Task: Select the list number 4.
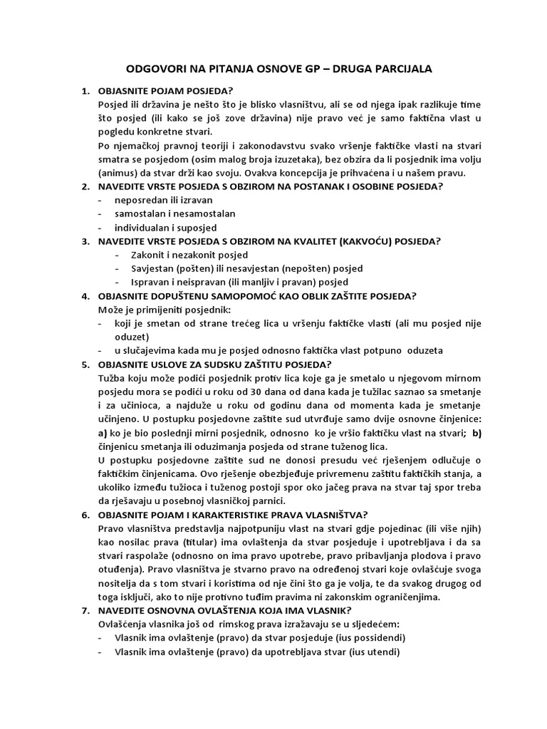point(85,295)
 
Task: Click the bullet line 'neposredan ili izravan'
point(159,200)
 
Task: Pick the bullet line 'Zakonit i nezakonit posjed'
point(189,254)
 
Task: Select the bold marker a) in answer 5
point(103,432)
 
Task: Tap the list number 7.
point(85,610)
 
